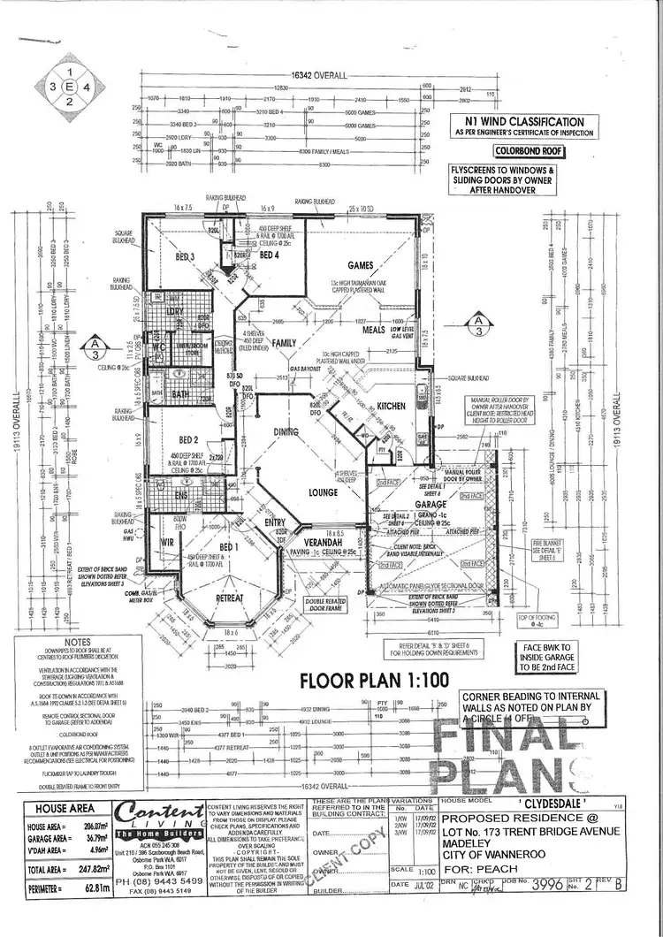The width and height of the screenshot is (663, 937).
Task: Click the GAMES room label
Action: point(361,265)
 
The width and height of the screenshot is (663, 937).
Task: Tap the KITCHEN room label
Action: point(391,406)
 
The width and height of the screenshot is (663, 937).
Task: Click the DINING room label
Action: point(286,431)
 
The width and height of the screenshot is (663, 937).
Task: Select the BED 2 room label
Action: point(187,439)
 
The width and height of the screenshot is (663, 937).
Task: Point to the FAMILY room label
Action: point(285,342)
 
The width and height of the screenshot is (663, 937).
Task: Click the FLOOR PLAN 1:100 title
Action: point(374,680)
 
